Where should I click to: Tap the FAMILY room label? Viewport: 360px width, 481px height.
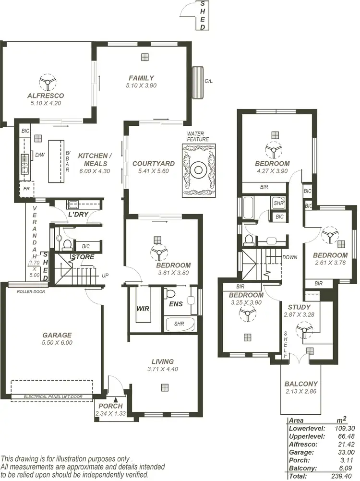[x=141, y=78]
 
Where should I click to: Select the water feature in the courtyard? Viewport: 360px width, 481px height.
[x=198, y=169]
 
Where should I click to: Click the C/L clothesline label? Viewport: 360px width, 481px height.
[x=208, y=81]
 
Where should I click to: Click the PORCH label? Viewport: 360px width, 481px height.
[x=110, y=406]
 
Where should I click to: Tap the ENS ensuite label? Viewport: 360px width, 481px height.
[x=176, y=304]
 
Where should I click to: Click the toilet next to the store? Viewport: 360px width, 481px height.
[x=67, y=244]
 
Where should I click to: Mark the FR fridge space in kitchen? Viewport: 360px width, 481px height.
[x=26, y=189]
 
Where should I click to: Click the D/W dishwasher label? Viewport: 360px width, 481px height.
[x=40, y=155]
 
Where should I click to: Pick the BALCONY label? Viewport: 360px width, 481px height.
[x=301, y=384]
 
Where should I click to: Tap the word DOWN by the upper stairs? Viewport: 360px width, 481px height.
[x=290, y=257]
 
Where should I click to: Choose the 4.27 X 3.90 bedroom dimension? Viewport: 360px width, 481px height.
[x=272, y=170]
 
